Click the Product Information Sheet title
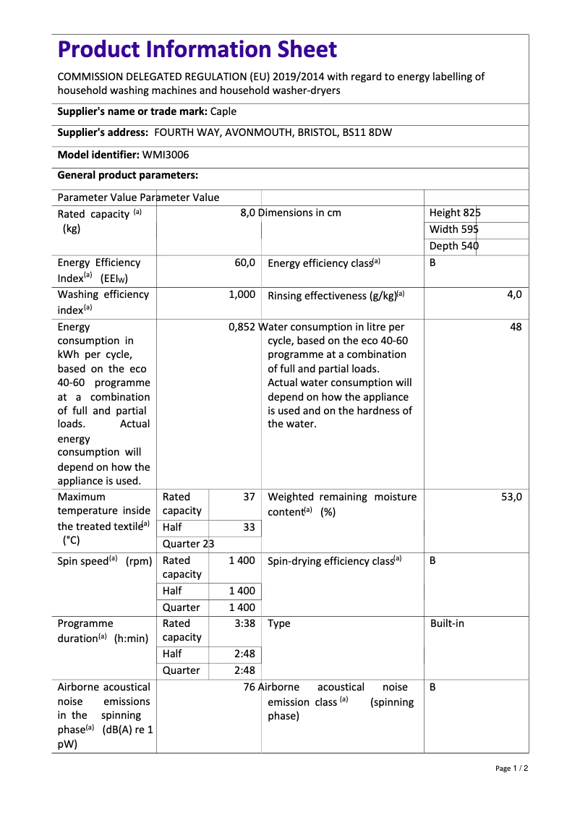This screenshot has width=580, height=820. [x=197, y=50]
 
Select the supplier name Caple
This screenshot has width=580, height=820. [x=223, y=111]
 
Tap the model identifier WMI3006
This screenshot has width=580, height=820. [x=166, y=155]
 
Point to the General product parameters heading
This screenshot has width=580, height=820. [x=127, y=176]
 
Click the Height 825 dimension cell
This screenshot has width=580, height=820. [x=455, y=213]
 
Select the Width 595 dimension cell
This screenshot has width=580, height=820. [x=454, y=229]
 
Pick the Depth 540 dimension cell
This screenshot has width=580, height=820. [x=454, y=246]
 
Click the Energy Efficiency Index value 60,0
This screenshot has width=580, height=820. [x=244, y=263]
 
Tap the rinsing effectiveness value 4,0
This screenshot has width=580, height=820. [x=514, y=294]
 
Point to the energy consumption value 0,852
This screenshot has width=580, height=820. [x=242, y=327]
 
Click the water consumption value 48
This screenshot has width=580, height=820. [x=516, y=327]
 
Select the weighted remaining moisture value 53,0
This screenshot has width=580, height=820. [x=511, y=497]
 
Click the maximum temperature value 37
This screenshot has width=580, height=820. [x=249, y=497]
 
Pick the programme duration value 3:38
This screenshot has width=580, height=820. [x=244, y=623]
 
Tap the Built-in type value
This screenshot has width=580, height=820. [x=447, y=623]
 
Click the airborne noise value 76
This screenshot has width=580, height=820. [x=250, y=687]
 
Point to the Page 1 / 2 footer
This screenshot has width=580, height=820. [x=511, y=768]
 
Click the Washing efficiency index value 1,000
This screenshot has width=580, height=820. [x=242, y=294]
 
